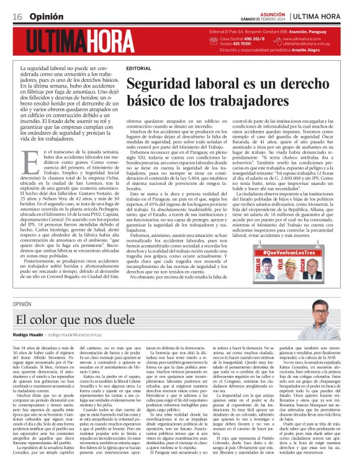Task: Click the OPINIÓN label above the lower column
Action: click(x=39, y=305)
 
